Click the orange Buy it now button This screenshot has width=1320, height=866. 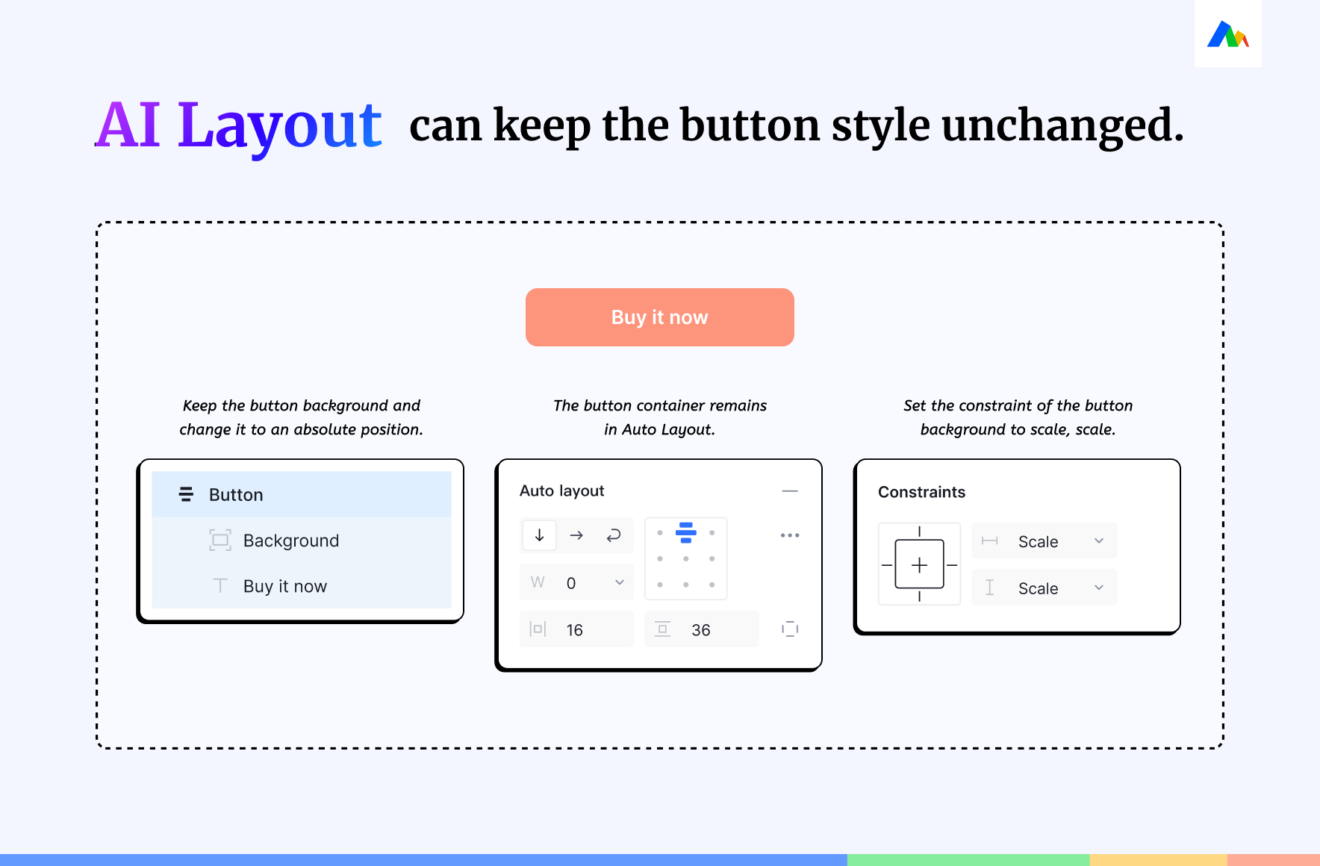coord(659,317)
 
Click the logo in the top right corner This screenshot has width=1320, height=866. coord(1228,34)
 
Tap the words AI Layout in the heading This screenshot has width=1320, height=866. coord(239,125)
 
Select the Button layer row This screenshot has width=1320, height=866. coord(302,494)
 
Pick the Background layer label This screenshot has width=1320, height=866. coord(291,541)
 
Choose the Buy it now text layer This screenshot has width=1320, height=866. coord(285,587)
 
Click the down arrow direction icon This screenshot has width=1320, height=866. coord(539,535)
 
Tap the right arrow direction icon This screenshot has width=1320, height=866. coord(576,535)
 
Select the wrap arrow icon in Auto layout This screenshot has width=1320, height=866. coord(614,535)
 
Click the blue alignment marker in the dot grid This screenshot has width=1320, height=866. coord(686,532)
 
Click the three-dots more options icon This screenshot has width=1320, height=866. coord(790,535)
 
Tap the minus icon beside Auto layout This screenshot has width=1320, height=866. coord(790,491)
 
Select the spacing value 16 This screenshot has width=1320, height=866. coord(575,630)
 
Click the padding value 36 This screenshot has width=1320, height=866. coord(701,630)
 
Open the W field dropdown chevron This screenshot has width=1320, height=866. coord(620,582)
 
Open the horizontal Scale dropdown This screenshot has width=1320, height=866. coord(1045,541)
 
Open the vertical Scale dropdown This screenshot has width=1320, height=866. coord(1045,588)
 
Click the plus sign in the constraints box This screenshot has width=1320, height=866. coord(920,565)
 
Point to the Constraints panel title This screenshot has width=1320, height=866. coord(922,492)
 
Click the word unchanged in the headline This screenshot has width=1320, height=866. coord(1062,125)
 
